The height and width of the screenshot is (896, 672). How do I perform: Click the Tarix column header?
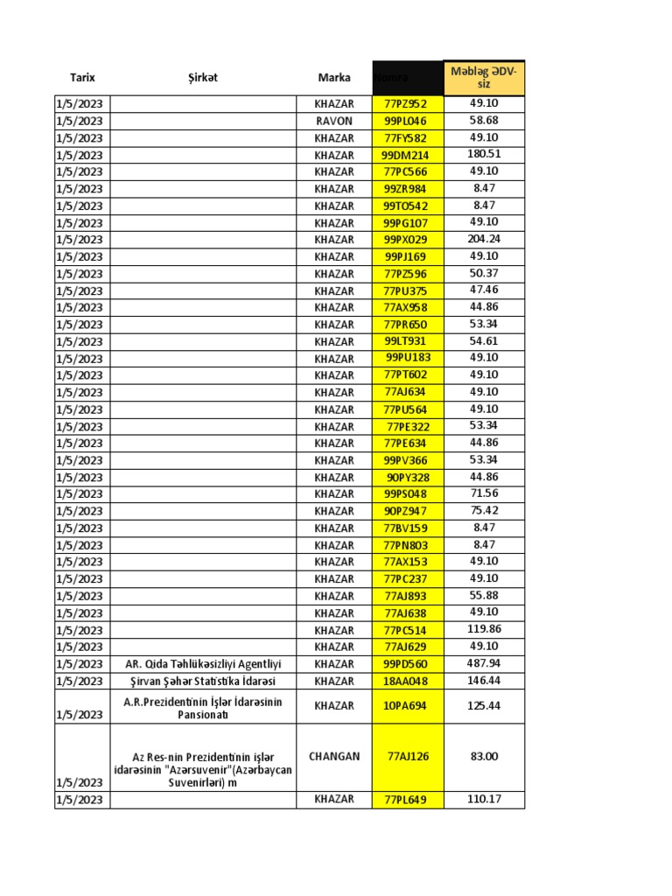(x=82, y=78)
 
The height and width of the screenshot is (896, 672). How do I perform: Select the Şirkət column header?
(x=202, y=78)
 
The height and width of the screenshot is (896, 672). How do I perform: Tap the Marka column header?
(x=334, y=78)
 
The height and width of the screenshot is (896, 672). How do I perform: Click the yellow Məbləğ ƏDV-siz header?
(x=484, y=77)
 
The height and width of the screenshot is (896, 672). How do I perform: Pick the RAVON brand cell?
(x=334, y=121)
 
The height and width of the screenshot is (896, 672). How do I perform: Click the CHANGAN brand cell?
(x=334, y=756)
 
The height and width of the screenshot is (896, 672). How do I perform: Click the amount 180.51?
(x=484, y=154)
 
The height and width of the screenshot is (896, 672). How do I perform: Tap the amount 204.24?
(x=484, y=239)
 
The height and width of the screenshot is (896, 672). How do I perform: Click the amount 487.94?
(x=484, y=663)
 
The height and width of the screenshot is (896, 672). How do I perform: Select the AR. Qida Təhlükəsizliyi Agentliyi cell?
(x=202, y=664)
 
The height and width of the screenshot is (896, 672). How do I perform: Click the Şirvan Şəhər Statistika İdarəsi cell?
(x=202, y=681)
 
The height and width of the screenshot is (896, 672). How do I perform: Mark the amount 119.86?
(x=484, y=629)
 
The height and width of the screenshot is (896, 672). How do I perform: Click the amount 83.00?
(x=484, y=756)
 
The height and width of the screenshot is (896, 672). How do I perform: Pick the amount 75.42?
(x=484, y=510)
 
